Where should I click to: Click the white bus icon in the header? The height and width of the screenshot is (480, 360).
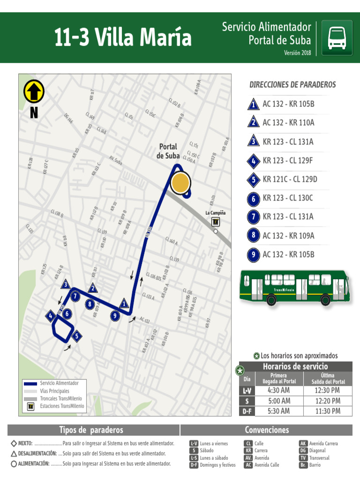pyautogui.click(x=337, y=37)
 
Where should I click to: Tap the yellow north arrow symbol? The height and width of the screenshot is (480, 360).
pyautogui.click(x=34, y=91)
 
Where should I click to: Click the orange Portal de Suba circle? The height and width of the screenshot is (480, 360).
pyautogui.click(x=180, y=183)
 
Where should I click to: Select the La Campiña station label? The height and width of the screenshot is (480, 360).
pyautogui.click(x=215, y=213)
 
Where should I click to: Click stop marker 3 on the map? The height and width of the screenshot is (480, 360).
pyautogui.click(x=66, y=284)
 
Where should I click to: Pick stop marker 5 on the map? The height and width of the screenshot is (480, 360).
pyautogui.click(x=77, y=336)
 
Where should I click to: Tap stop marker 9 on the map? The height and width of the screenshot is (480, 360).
pyautogui.click(x=115, y=315)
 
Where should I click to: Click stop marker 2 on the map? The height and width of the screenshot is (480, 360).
pyautogui.click(x=93, y=288)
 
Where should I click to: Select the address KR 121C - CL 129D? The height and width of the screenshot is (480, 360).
pyautogui.click(x=290, y=179)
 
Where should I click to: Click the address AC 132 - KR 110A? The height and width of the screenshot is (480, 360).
pyautogui.click(x=288, y=123)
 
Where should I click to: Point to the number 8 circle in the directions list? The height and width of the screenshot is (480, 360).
pyautogui.click(x=253, y=236)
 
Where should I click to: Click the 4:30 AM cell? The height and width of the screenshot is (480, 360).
pyautogui.click(x=278, y=390)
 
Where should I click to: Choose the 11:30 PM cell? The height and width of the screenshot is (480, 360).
pyautogui.click(x=328, y=411)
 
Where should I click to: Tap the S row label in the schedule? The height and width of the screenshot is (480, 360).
pyautogui.click(x=247, y=401)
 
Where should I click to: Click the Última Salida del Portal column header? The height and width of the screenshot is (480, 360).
pyautogui.click(x=328, y=379)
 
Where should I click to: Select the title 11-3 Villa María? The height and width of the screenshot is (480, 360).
pyautogui.click(x=123, y=37)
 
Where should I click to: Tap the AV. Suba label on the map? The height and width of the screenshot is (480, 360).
pyautogui.click(x=115, y=160)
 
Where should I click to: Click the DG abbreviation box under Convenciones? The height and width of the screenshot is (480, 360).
pyautogui.click(x=303, y=450)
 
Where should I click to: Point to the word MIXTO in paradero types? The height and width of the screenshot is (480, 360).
pyautogui.click(x=25, y=443)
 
